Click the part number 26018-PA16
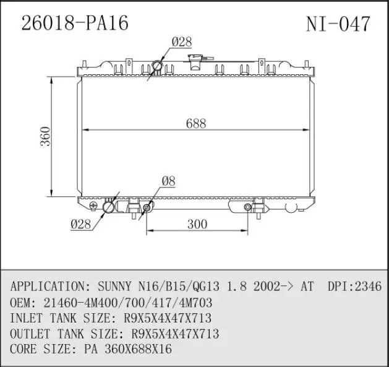(x=75, y=23)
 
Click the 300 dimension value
(x=197, y=224)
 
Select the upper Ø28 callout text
(x=181, y=42)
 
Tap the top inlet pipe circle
(x=157, y=66)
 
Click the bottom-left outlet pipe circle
(x=109, y=206)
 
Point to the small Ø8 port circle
(x=147, y=207)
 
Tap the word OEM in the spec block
(x=22, y=303)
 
